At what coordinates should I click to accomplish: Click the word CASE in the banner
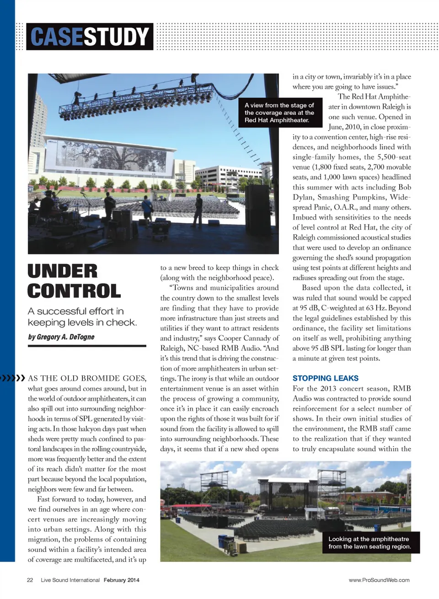click(x=56, y=37)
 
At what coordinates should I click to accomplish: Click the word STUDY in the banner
click(x=117, y=37)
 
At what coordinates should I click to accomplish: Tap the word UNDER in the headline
click(x=63, y=271)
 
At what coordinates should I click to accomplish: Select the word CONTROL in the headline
click(x=74, y=291)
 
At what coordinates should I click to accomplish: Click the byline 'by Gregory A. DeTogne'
click(x=61, y=337)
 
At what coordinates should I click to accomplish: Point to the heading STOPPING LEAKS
click(x=325, y=378)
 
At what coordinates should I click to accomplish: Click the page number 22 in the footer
click(x=30, y=580)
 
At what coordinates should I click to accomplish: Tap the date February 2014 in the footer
click(x=121, y=580)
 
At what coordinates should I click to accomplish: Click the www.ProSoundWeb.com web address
click(x=379, y=580)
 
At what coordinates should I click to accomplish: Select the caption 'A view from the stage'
click(x=279, y=112)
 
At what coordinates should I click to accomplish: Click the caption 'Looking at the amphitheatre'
click(x=369, y=543)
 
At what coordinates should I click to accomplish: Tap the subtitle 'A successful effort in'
click(x=76, y=311)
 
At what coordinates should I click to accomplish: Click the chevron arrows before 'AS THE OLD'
click(x=13, y=378)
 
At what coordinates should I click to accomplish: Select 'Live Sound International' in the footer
click(x=70, y=580)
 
